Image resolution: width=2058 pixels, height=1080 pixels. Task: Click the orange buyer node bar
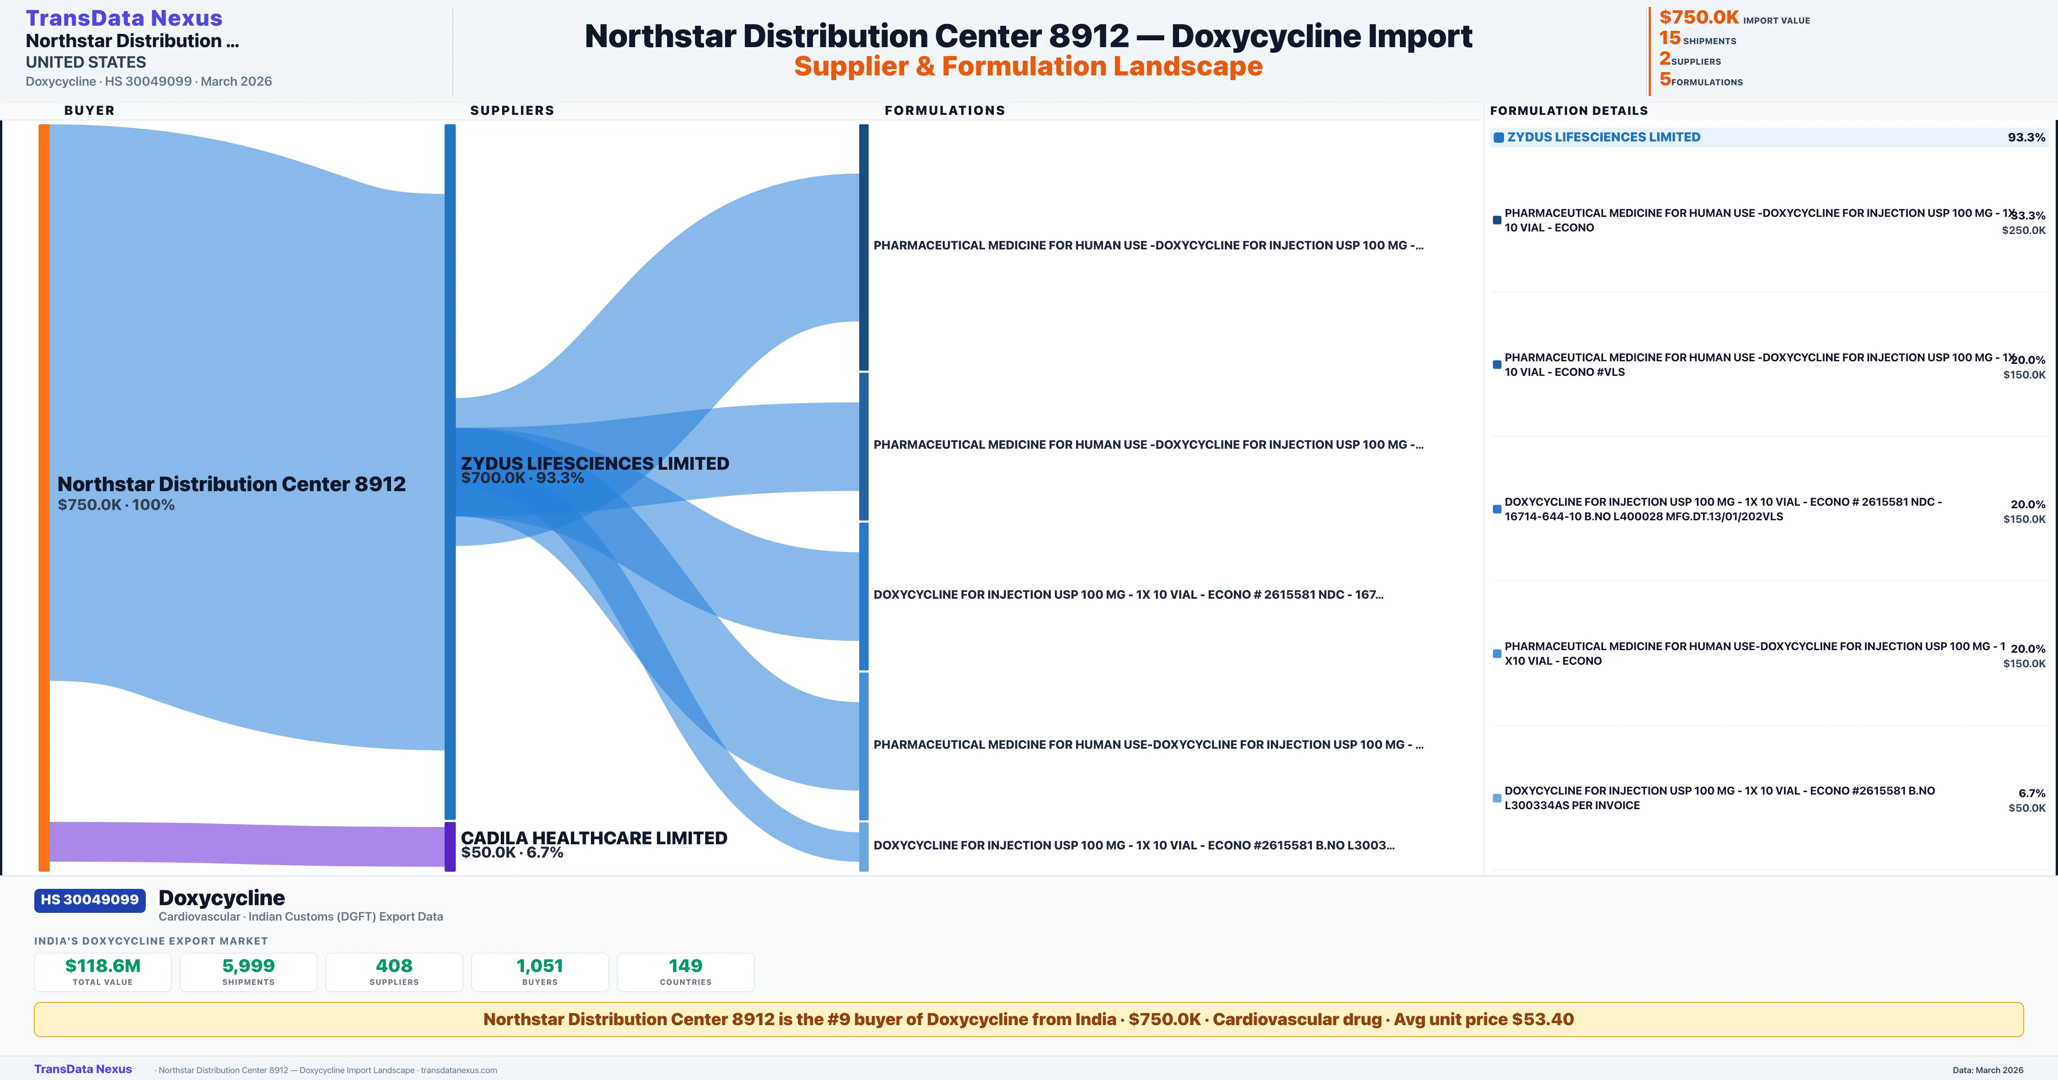pyautogui.click(x=44, y=495)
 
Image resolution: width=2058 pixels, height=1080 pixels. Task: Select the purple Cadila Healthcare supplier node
pyautogui.click(x=450, y=846)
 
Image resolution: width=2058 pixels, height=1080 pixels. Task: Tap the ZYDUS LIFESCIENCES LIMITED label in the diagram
pyautogui.click(x=594, y=463)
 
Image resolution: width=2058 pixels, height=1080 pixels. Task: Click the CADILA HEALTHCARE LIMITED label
pyautogui.click(x=593, y=838)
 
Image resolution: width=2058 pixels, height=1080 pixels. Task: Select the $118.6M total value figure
pyautogui.click(x=103, y=966)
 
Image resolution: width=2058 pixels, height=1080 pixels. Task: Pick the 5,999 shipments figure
pyautogui.click(x=249, y=966)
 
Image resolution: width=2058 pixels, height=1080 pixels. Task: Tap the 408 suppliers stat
pyautogui.click(x=394, y=966)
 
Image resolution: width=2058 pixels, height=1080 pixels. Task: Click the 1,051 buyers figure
pyautogui.click(x=540, y=966)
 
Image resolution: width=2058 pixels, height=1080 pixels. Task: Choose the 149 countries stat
pyautogui.click(x=686, y=966)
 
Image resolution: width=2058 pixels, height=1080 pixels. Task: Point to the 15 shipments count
pyautogui.click(x=1670, y=38)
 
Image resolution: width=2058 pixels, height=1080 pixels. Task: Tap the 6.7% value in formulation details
pyautogui.click(x=2032, y=793)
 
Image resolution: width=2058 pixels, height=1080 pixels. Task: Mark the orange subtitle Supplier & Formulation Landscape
pyautogui.click(x=1028, y=66)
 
